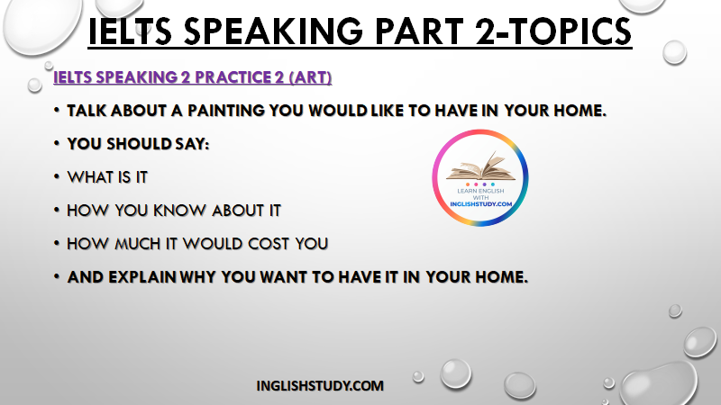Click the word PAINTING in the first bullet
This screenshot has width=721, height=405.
point(226,111)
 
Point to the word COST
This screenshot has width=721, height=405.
point(268,243)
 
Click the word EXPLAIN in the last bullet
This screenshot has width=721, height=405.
point(142,277)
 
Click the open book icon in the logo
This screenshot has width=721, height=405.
point(480,166)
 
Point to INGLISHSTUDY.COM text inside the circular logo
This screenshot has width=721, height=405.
point(480,204)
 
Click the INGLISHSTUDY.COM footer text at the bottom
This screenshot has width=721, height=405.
point(320,386)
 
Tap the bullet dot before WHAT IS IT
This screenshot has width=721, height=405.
point(57,176)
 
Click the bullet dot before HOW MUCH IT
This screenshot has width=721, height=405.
point(57,243)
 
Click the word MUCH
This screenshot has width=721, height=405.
point(138,243)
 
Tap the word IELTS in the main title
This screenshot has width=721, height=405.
point(130,31)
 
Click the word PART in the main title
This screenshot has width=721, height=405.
point(419,31)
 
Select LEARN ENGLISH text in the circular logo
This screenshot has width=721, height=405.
point(480,191)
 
